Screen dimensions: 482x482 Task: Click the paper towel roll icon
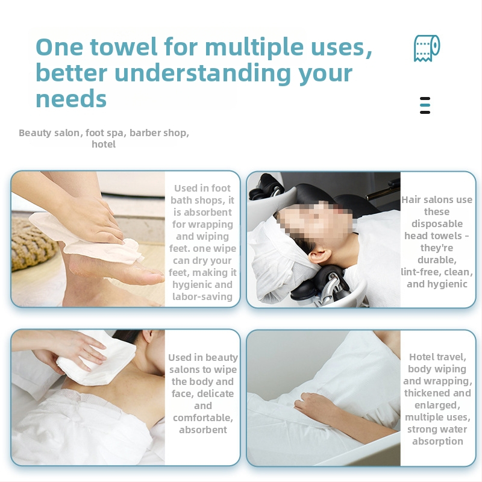[427, 48]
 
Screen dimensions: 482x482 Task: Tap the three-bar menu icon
[425, 105]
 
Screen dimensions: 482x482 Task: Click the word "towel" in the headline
[124, 47]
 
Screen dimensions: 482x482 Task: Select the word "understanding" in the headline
[202, 74]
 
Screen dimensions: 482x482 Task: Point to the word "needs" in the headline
[71, 99]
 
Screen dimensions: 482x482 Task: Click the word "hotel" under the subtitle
[104, 144]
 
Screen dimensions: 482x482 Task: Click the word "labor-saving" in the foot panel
[202, 296]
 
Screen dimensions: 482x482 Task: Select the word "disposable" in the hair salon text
[437, 224]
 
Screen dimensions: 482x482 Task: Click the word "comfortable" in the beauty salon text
[202, 418]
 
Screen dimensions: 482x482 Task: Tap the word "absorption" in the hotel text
[437, 442]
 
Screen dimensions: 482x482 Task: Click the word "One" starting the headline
[59, 47]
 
